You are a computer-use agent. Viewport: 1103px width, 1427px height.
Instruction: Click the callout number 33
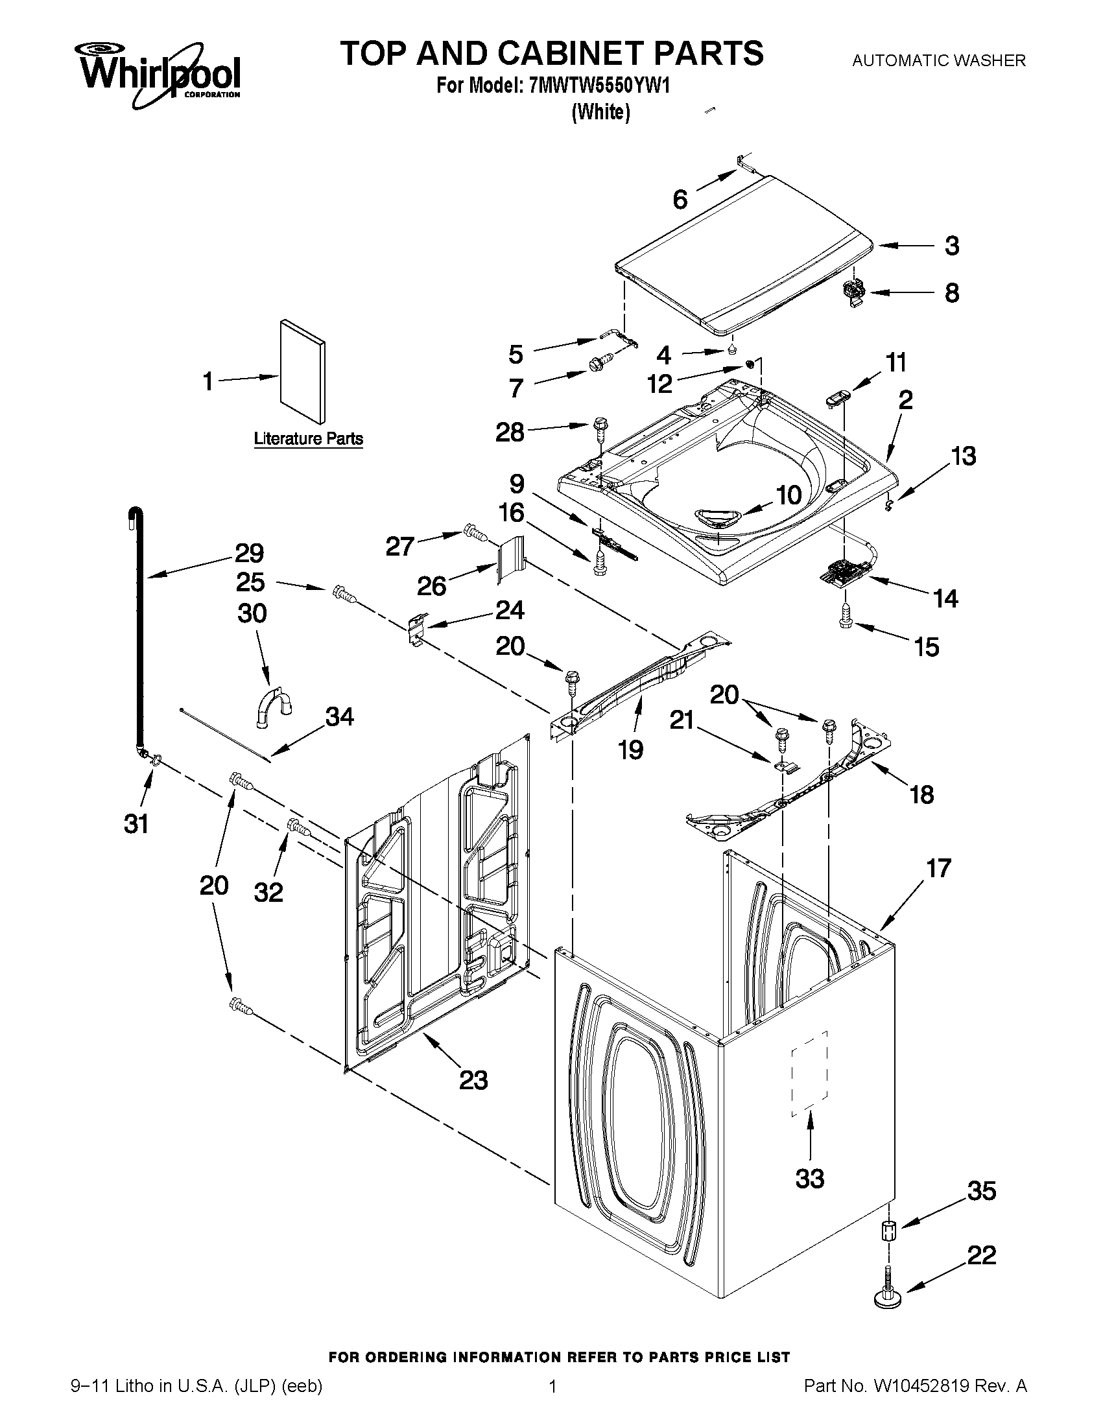pyautogui.click(x=810, y=1179)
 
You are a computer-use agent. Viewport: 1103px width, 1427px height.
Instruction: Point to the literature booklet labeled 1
pyautogui.click(x=302, y=372)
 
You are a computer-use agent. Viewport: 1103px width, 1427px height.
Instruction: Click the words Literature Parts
pyautogui.click(x=308, y=438)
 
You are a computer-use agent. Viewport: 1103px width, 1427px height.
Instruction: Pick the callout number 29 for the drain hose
pyautogui.click(x=248, y=554)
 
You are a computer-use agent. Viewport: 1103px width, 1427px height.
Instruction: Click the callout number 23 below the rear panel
pyautogui.click(x=473, y=1080)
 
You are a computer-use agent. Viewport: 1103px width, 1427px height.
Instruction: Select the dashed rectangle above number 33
pyautogui.click(x=809, y=1074)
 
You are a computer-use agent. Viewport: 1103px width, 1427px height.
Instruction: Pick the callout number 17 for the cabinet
pyautogui.click(x=938, y=868)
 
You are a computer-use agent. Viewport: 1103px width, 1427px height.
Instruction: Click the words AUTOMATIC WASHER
pyautogui.click(x=939, y=61)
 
